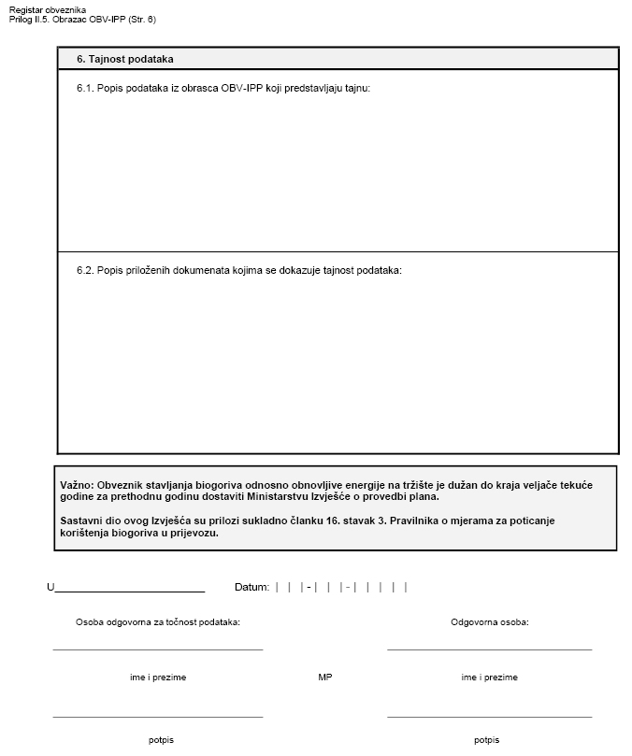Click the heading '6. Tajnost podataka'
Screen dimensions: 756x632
[125, 59]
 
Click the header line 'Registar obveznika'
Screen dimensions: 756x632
[47, 9]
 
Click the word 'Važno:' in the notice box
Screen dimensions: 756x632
[77, 485]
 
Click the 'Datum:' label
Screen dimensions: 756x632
[251, 587]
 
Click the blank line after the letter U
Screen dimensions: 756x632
[130, 589]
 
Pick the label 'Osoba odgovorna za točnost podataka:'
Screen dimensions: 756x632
[158, 621]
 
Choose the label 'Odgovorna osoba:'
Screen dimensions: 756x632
[490, 621]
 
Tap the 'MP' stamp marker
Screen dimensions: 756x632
[325, 678]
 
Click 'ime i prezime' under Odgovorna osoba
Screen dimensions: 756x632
[489, 678]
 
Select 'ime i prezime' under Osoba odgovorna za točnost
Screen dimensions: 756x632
[158, 678]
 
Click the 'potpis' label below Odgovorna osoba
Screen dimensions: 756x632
[486, 740]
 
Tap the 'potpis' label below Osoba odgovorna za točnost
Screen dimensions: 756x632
[161, 740]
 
